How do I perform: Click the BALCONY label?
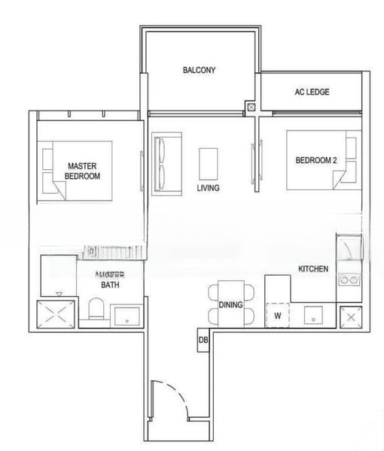199,71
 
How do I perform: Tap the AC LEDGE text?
312,92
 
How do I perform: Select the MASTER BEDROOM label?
83,170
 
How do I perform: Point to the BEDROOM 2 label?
315,160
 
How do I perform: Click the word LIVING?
208,188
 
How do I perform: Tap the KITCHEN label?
313,269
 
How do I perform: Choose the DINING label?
230,305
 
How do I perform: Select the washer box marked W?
278,315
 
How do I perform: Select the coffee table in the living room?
209,162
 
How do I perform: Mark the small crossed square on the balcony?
251,108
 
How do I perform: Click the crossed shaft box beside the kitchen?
350,316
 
